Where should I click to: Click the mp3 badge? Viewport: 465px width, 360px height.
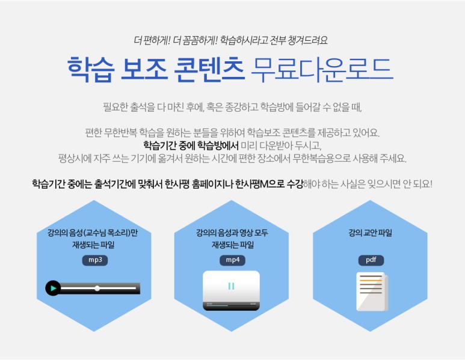tap(95, 260)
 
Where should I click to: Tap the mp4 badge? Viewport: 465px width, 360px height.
tap(232, 260)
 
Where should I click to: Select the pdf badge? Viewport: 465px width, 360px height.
tap(371, 260)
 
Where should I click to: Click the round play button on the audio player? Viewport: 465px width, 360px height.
tap(53, 288)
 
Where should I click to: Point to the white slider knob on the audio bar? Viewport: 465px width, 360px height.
tap(97, 288)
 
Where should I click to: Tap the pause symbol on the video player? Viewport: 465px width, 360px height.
tap(232, 286)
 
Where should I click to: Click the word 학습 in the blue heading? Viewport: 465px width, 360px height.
tap(89, 70)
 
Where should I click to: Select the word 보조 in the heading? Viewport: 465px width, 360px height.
tap(143, 70)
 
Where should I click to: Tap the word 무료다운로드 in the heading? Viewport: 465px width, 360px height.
tap(321, 70)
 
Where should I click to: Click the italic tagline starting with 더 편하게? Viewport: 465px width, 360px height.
tap(232, 40)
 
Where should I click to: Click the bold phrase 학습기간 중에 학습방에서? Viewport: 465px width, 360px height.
tap(191, 145)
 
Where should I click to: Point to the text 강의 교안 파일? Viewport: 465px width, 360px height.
tap(370, 233)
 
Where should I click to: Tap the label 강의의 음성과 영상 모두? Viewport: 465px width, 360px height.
tap(232, 233)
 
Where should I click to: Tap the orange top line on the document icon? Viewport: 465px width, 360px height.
tap(370, 278)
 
